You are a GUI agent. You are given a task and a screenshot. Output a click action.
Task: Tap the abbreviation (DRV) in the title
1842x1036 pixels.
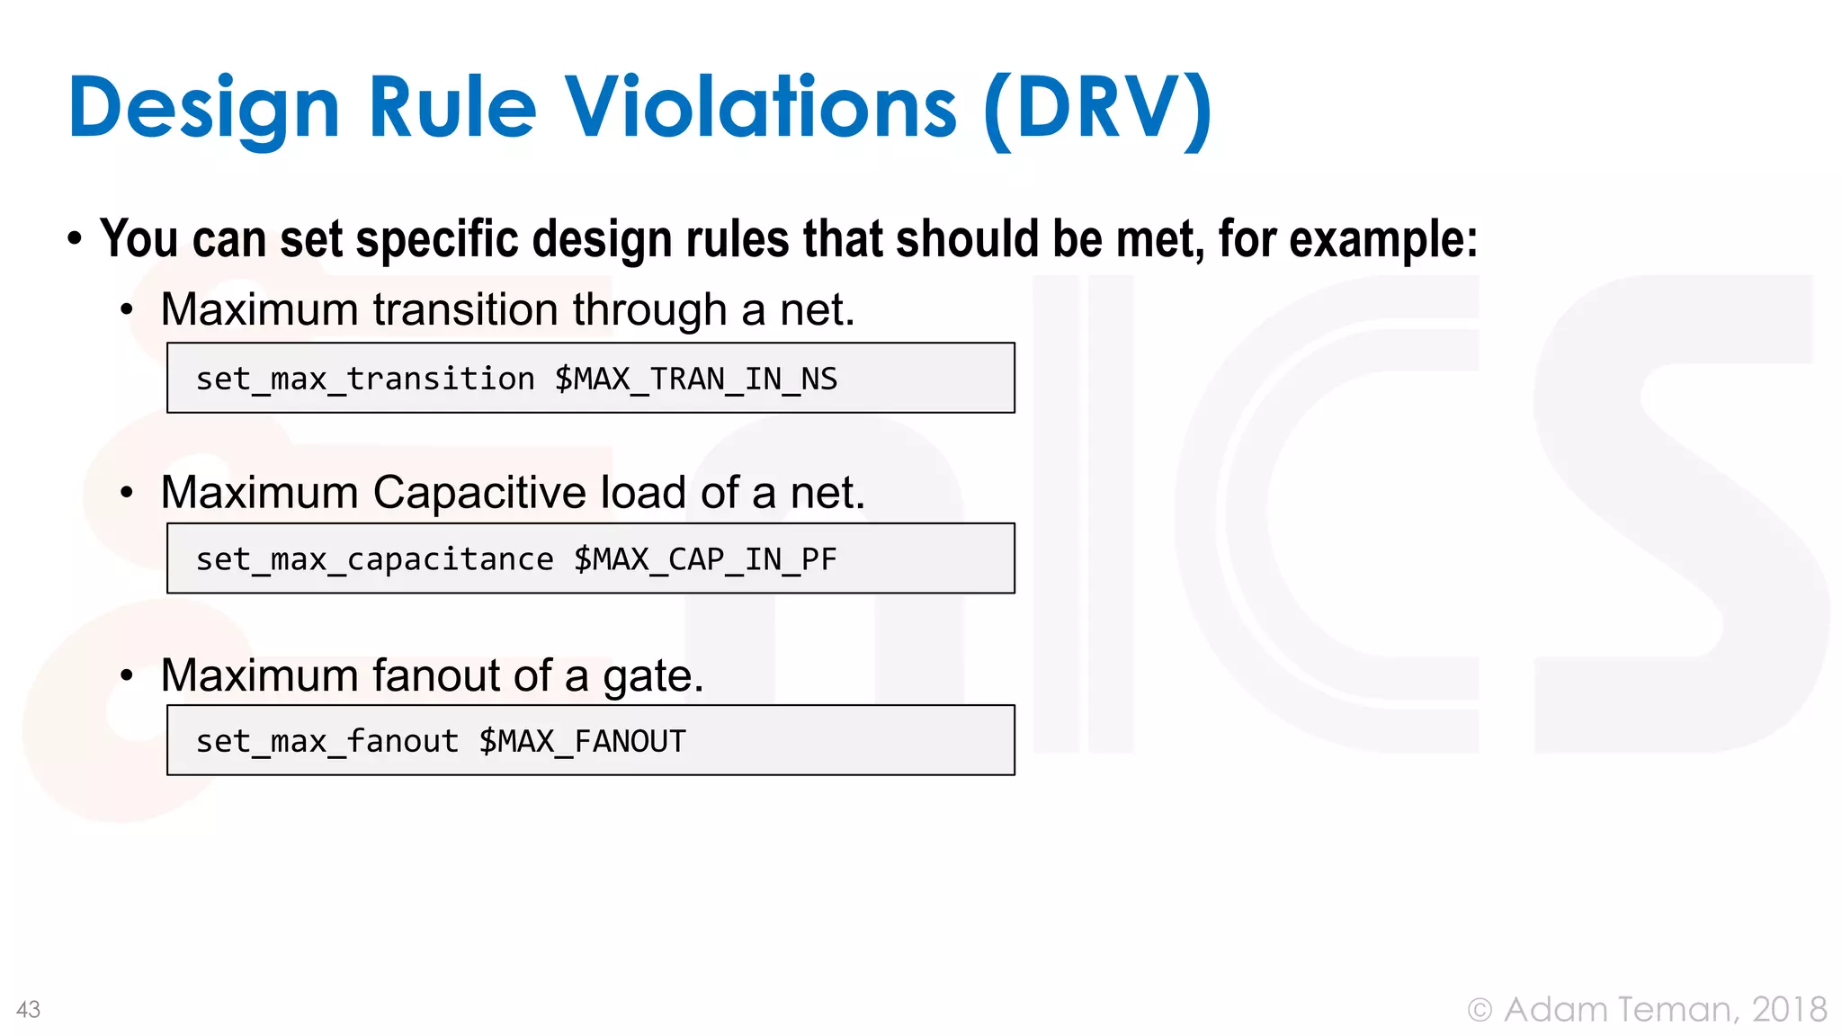1098,110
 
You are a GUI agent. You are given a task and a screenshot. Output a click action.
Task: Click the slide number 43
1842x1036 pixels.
28,1009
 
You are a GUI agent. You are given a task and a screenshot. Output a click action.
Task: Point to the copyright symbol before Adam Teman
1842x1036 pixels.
1480,1010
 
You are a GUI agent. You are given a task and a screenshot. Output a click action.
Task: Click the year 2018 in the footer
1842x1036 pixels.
1789,1009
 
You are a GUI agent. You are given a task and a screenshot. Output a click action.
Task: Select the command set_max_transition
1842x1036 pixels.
365,379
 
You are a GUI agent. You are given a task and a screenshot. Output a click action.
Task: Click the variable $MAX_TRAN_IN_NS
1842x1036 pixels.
695,379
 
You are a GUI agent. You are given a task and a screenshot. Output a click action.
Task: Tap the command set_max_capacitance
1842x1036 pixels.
374,559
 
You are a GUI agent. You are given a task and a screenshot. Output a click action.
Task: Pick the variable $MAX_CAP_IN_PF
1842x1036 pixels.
705,559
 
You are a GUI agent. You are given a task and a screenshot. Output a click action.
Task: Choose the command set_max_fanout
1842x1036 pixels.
327,741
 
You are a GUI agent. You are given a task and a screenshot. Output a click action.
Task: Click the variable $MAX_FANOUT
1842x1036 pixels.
582,741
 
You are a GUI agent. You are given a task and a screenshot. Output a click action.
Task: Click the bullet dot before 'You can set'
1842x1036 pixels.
75,239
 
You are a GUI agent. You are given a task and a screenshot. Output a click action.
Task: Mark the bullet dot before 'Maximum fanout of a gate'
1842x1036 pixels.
127,675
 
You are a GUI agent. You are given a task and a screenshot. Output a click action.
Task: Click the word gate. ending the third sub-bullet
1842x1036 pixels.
653,676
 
